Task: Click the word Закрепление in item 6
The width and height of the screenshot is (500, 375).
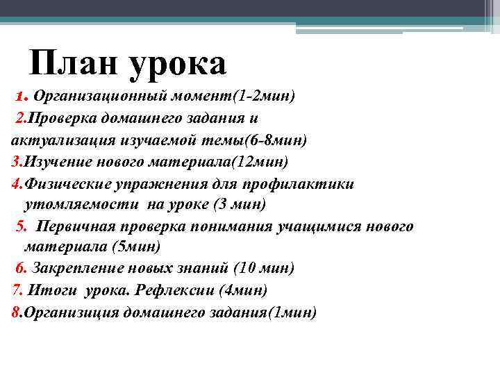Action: point(76,268)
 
